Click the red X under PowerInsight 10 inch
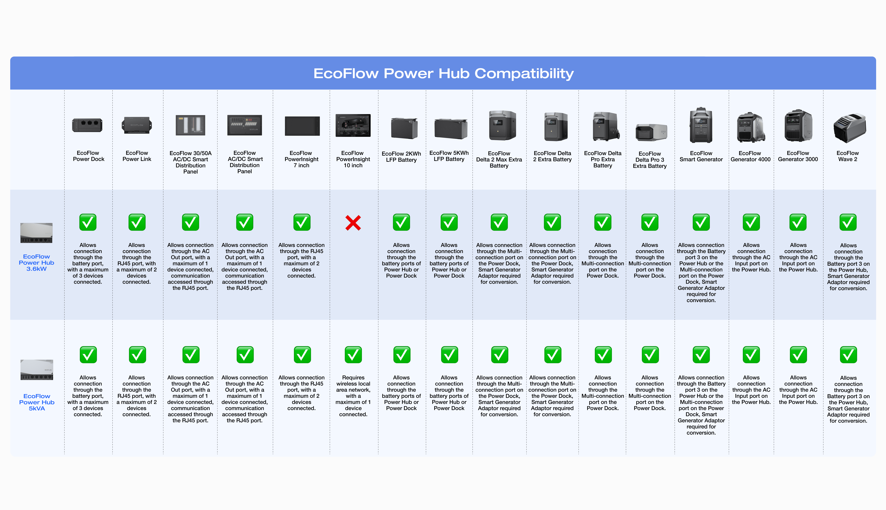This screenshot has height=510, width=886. (x=353, y=223)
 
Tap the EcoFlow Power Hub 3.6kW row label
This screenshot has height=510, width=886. (x=36, y=263)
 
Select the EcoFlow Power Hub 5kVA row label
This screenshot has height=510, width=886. (x=37, y=402)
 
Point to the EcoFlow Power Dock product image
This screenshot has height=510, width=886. (x=87, y=125)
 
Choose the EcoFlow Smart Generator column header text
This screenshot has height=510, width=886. (x=701, y=156)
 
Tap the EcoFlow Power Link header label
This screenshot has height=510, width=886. (x=137, y=156)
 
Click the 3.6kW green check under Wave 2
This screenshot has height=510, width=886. (x=848, y=222)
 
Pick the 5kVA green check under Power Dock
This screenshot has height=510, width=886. (x=88, y=355)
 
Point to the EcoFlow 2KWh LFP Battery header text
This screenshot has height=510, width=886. (x=401, y=156)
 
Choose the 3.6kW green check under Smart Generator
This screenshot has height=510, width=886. (x=701, y=222)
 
